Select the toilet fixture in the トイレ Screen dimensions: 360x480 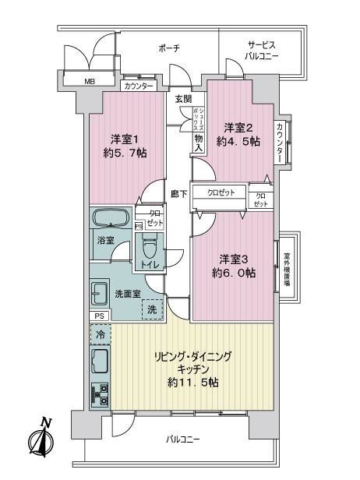(x=150, y=249)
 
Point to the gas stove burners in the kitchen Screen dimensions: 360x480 (x=100, y=395)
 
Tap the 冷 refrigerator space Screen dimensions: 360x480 (x=101, y=334)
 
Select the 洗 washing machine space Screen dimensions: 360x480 (x=152, y=309)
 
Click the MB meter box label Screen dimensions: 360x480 (x=90, y=82)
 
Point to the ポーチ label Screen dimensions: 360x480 (x=169, y=48)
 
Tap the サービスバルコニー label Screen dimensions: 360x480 (x=262, y=51)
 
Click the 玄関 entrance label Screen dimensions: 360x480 (x=184, y=99)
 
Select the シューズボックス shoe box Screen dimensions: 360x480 (x=198, y=119)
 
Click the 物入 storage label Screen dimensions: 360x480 (x=199, y=143)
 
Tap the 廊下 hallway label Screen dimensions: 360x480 (x=179, y=194)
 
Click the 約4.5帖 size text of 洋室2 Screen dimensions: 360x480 (x=238, y=142)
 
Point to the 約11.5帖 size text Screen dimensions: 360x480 (x=193, y=383)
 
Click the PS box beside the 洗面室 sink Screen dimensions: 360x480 (x=99, y=316)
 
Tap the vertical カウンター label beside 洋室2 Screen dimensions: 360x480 (x=280, y=143)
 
